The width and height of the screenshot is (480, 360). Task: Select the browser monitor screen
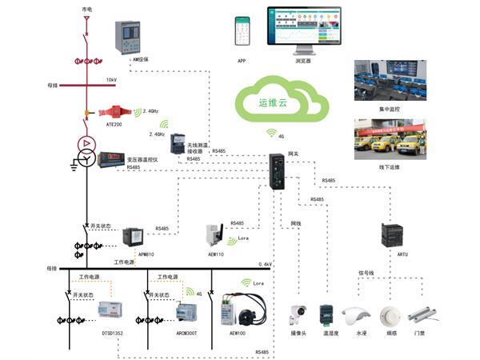pyautogui.click(x=302, y=29)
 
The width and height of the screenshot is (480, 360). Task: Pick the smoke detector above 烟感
pyautogui.click(x=392, y=313)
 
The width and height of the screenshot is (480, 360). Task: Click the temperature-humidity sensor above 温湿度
pyautogui.click(x=326, y=314)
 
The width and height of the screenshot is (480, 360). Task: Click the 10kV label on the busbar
pyautogui.click(x=111, y=80)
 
